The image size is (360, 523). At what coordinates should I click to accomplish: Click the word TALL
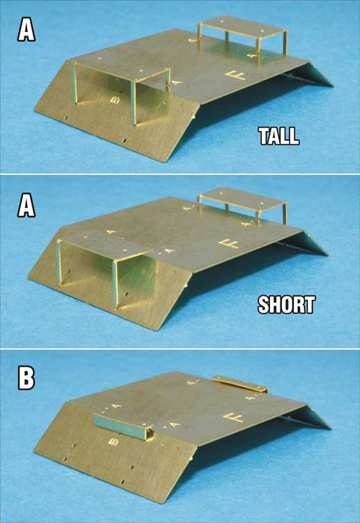pos(278,136)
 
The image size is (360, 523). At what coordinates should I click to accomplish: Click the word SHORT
pos(286,305)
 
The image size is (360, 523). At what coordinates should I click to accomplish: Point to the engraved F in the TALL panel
pos(237,74)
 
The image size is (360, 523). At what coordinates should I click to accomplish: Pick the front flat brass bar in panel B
pos(123,424)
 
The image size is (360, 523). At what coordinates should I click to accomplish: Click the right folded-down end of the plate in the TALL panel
pos(315,73)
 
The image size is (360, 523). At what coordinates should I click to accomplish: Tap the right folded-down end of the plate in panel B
pos(311,416)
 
